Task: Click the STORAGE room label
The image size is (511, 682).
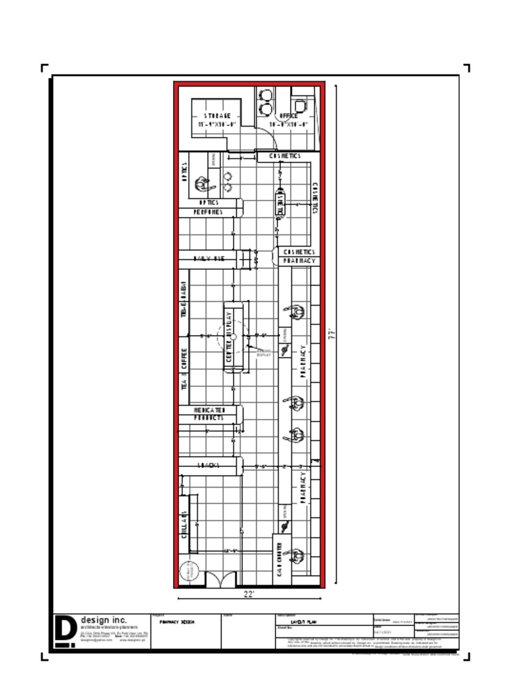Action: point(218,116)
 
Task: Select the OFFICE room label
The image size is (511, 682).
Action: point(289,116)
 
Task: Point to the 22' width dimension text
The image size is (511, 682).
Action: point(249,594)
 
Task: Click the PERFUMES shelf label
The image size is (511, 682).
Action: point(208,212)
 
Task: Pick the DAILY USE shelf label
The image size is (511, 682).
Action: point(209,258)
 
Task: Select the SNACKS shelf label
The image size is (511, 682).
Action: point(208,465)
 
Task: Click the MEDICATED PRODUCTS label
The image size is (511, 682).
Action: point(209,414)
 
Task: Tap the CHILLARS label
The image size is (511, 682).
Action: point(184,523)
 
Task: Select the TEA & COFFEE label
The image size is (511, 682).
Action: point(184,368)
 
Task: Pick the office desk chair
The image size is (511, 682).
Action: point(300,105)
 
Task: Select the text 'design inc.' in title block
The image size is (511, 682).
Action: point(103,620)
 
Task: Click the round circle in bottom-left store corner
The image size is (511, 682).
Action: point(189,571)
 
